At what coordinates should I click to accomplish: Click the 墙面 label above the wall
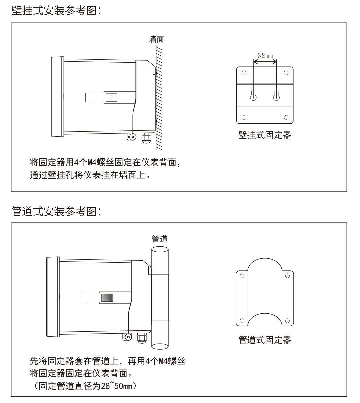[x=156, y=39]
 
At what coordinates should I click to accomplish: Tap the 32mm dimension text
[x=264, y=55]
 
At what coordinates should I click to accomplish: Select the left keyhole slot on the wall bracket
[x=253, y=95]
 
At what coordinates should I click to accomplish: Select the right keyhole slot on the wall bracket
[x=276, y=95]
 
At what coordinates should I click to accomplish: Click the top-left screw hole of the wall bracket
[x=244, y=73]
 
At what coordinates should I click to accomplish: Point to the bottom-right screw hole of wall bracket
[x=286, y=117]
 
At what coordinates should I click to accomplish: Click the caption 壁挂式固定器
[x=265, y=135]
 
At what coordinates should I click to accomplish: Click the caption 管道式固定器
[x=265, y=340]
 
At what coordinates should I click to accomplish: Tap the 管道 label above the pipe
[x=159, y=239]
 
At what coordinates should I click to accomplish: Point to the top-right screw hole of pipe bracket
[x=287, y=276]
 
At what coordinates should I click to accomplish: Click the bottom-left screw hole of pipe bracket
[x=242, y=321]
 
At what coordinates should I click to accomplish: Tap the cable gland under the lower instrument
[x=141, y=338]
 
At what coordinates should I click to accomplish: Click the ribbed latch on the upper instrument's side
[x=111, y=97]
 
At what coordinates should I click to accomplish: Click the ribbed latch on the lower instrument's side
[x=107, y=297]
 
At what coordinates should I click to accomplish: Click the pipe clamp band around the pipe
[x=160, y=298]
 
